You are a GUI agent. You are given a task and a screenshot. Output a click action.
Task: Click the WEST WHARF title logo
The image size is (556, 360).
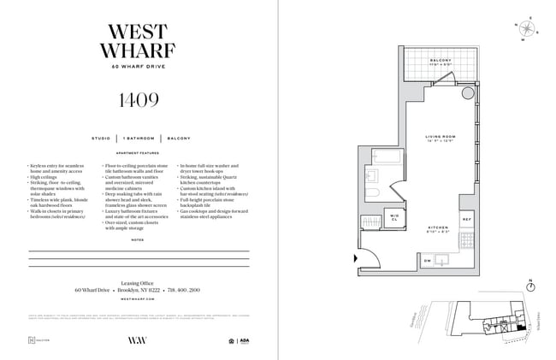[x=139, y=40]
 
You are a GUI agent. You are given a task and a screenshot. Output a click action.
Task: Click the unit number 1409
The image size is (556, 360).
[x=138, y=100]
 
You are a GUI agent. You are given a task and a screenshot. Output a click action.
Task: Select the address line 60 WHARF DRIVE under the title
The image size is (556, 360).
[x=139, y=67]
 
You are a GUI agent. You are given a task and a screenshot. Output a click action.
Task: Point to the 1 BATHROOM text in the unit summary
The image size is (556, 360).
[x=139, y=138]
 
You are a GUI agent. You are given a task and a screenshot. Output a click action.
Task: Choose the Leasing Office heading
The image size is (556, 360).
[x=139, y=280]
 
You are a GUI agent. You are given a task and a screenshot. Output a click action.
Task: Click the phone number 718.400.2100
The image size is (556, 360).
[x=186, y=290]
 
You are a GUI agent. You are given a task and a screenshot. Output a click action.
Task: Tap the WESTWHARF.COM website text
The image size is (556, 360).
[x=139, y=300]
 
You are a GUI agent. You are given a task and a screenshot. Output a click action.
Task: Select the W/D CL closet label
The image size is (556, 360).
[x=394, y=216]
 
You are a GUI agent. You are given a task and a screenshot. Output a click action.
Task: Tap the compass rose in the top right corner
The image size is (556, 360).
[x=529, y=27]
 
